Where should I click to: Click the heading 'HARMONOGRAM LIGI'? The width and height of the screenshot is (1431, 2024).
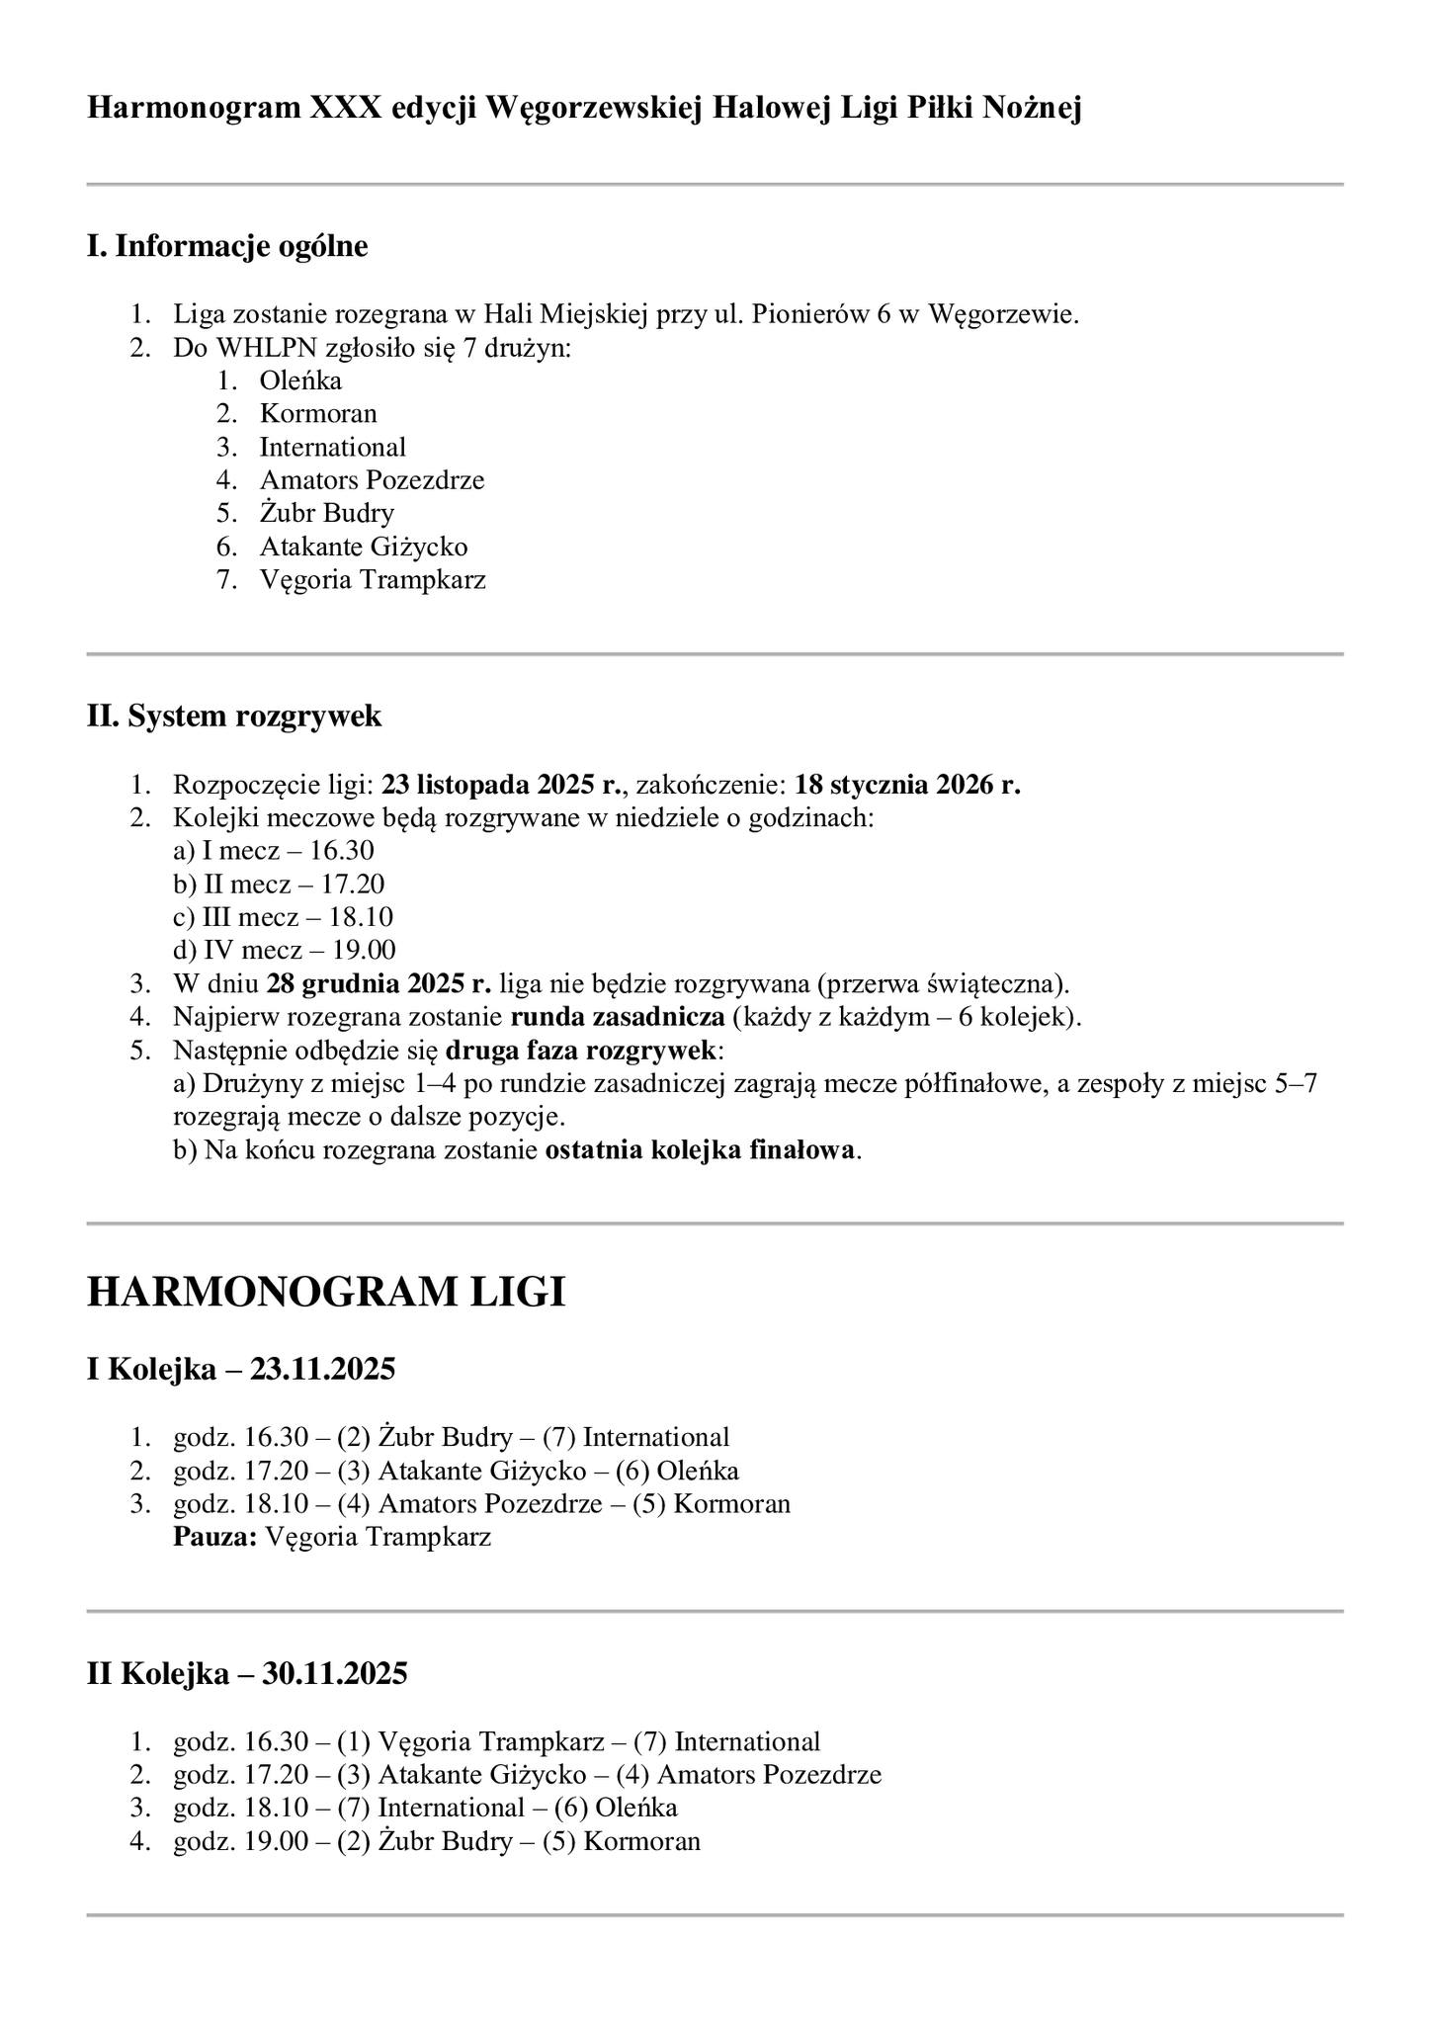[326, 1293]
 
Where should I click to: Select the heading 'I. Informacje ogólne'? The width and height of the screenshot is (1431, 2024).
[227, 246]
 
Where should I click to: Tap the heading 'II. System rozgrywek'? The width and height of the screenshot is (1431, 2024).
[234, 716]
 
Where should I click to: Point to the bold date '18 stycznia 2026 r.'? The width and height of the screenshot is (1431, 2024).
[907, 786]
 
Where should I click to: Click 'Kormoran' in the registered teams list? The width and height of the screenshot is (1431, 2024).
[318, 413]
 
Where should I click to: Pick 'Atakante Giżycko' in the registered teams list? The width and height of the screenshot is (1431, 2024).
[364, 547]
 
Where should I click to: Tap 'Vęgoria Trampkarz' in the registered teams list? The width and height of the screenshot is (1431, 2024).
[373, 579]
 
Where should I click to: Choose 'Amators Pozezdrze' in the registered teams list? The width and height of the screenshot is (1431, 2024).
[372, 480]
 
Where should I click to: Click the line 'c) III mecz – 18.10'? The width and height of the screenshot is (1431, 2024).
[283, 917]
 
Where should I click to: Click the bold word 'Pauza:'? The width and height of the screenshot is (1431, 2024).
[215, 1537]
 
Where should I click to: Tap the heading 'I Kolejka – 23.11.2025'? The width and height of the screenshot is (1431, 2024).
[241, 1370]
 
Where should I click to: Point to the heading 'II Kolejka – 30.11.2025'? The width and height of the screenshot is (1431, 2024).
[247, 1674]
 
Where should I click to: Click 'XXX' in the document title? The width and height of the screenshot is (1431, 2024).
[345, 108]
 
